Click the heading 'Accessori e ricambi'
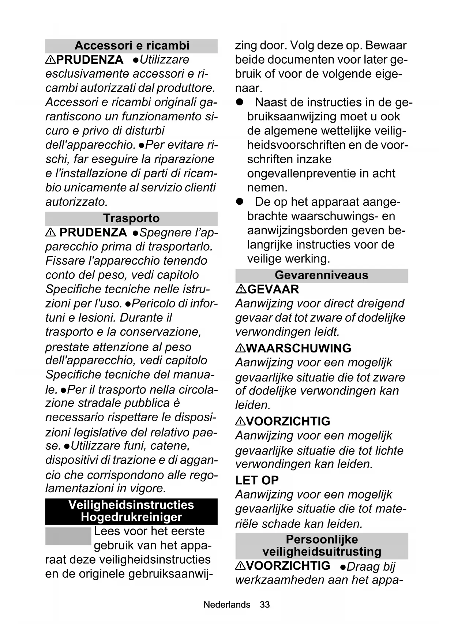point(132,46)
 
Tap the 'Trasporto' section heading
point(131,219)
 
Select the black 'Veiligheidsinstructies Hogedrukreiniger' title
point(131,511)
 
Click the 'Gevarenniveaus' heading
point(322,275)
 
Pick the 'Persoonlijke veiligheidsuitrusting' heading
point(322,545)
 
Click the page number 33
point(264,605)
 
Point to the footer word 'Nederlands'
point(227,605)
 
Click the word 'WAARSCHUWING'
point(299,348)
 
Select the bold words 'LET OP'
point(257,480)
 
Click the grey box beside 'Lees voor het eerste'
point(68,536)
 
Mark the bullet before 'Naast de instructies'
point(240,102)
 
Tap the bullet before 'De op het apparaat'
point(240,202)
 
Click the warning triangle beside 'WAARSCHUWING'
point(240,348)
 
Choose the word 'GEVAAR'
point(273,290)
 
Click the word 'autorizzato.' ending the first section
point(76,202)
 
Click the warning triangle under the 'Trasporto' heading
point(50,233)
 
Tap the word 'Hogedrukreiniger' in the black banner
point(131,517)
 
